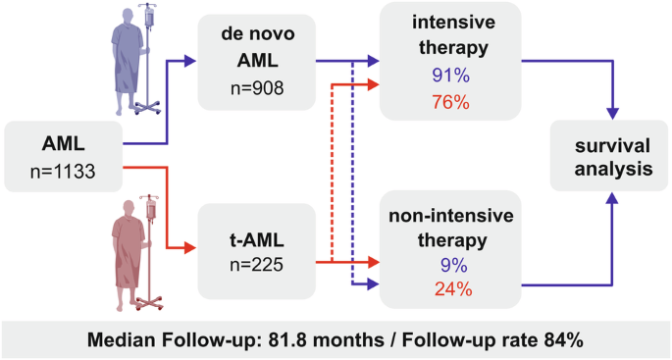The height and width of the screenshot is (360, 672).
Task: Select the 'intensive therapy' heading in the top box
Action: click(447, 35)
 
